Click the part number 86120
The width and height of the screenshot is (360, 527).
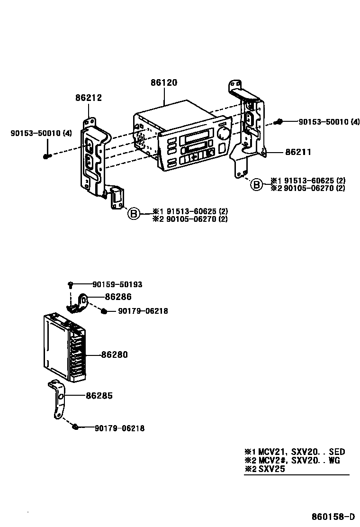coord(164,83)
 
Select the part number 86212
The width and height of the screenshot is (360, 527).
coord(89,98)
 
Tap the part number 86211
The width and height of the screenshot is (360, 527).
coord(298,153)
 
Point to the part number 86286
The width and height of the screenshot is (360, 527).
coord(118,297)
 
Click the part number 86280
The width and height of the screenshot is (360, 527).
coord(114,354)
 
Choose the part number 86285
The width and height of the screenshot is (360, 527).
coord(99,395)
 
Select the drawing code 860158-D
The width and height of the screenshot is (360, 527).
coord(333,516)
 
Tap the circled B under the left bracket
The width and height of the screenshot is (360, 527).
coord(134,215)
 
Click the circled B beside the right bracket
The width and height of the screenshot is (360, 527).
coord(256,184)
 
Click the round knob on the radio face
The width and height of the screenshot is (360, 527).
coord(222,132)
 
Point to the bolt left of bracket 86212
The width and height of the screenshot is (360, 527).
coord(46,156)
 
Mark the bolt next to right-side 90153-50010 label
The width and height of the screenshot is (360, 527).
coord(279,122)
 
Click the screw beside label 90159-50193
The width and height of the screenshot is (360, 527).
coord(70,284)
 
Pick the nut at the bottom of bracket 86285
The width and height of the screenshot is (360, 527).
coord(75,427)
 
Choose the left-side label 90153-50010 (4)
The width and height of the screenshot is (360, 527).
coord(41,133)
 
